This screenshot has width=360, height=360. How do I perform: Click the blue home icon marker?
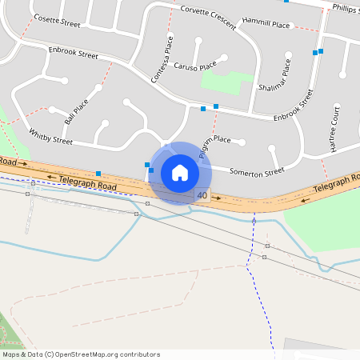pyautogui.click(x=180, y=172)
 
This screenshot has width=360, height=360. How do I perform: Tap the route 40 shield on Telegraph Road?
pyautogui.click(x=202, y=195)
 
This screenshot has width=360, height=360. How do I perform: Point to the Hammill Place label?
pyautogui.click(x=267, y=26)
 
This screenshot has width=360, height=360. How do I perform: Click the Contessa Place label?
pyautogui.click(x=162, y=58)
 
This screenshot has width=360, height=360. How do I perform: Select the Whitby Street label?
pyautogui.click(x=50, y=136)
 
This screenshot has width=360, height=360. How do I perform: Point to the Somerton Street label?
pyautogui.click(x=257, y=170)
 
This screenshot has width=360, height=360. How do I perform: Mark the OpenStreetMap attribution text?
pyautogui.click(x=81, y=354)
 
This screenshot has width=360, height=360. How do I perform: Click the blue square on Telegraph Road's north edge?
pyautogui.click(x=98, y=174)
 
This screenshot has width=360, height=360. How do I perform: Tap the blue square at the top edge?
pyautogui.click(x=286, y=2)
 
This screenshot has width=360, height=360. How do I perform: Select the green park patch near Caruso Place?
pyautogui.click(x=226, y=80)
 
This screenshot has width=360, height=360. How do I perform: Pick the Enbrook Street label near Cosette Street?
pyautogui.click(x=73, y=55)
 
